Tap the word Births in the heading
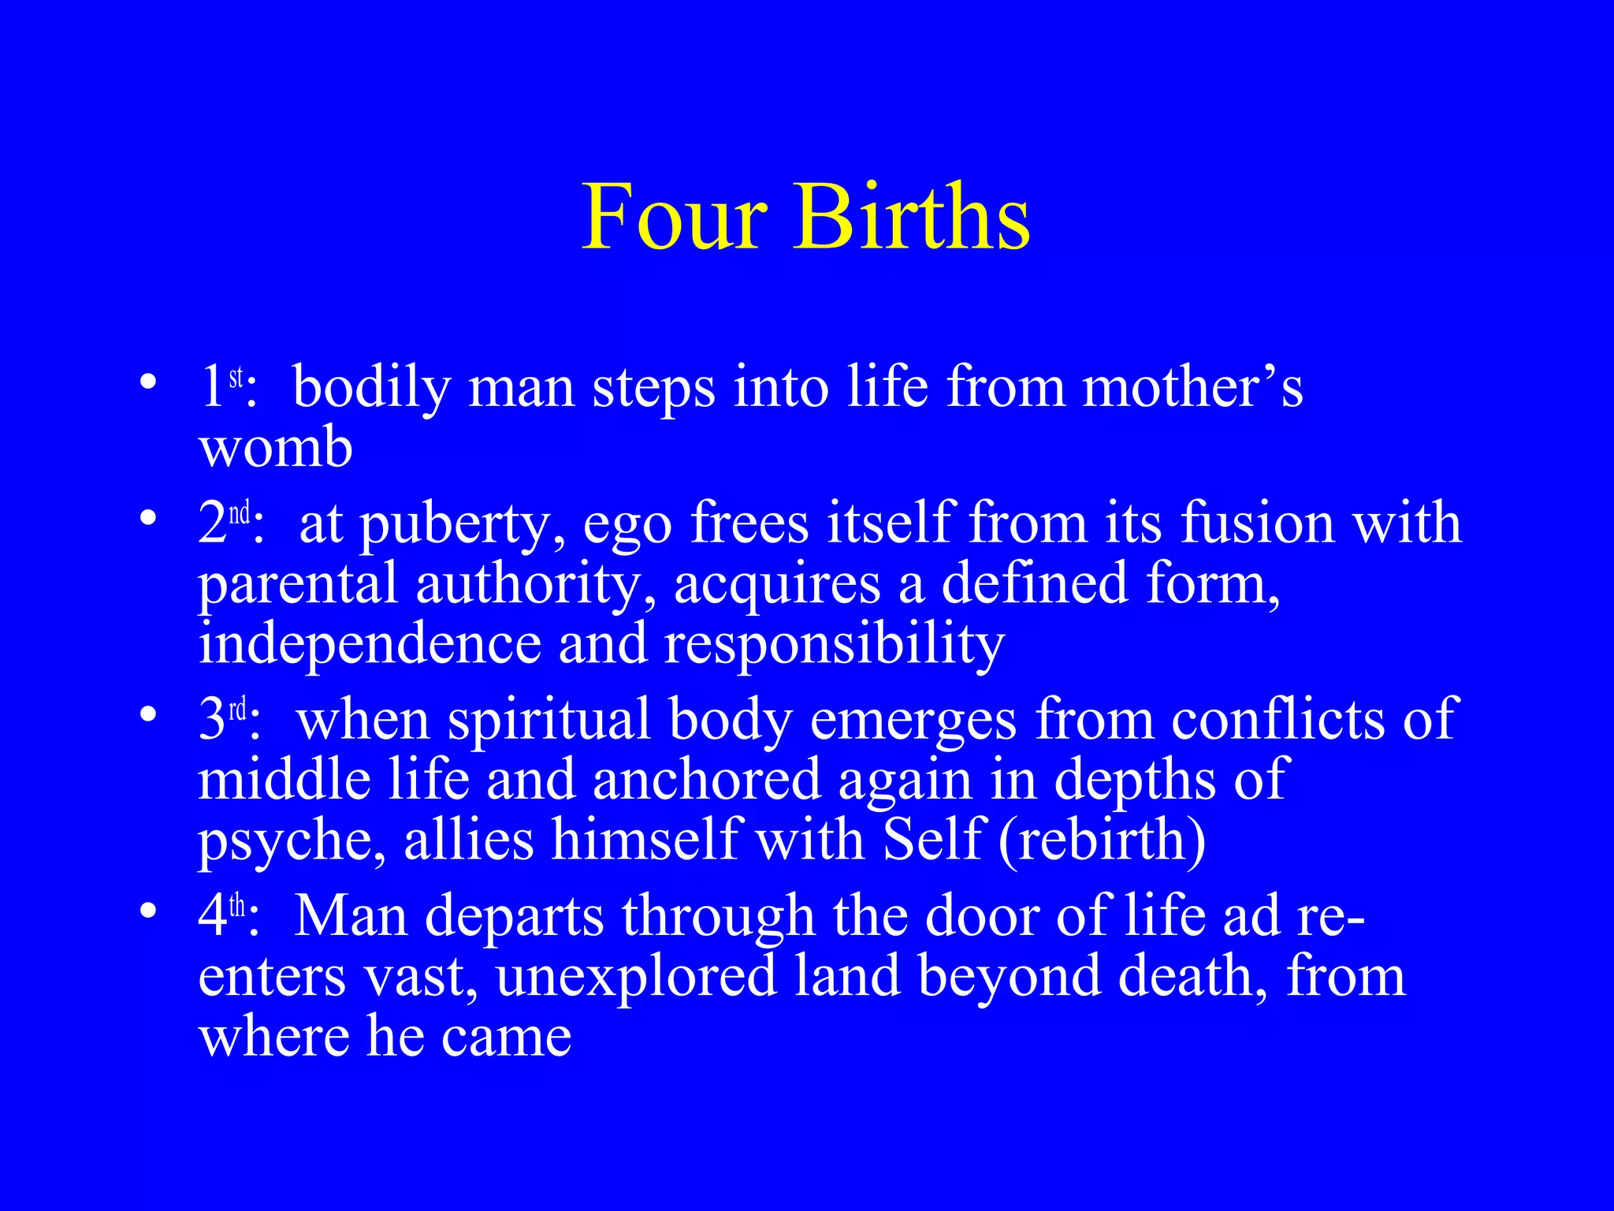[x=913, y=217]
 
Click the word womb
[x=275, y=447]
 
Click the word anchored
[x=706, y=780]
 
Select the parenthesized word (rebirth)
[x=1102, y=840]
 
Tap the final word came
[x=506, y=1037]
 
